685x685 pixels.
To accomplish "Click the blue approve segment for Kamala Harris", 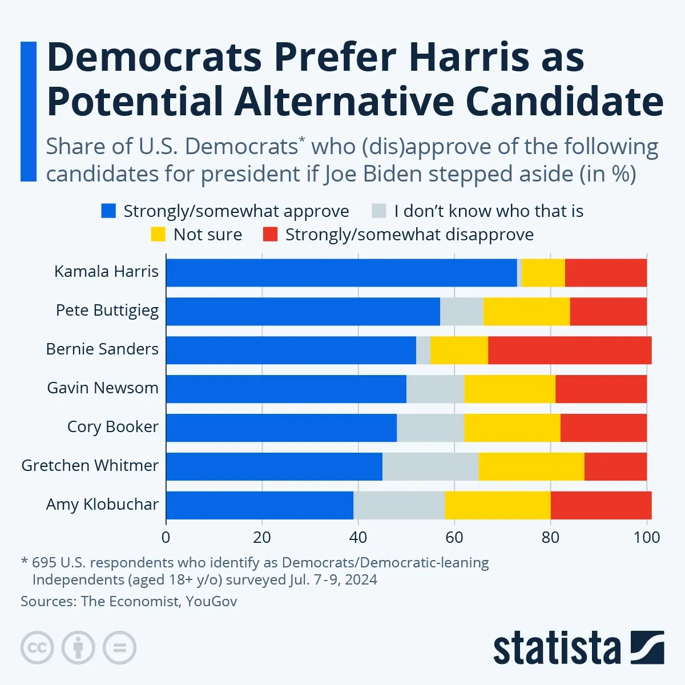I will point(341,273).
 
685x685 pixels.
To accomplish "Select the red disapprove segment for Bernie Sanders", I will point(570,350).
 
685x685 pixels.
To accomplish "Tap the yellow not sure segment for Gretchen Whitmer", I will point(531,466).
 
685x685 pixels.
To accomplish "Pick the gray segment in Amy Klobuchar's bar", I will point(399,505).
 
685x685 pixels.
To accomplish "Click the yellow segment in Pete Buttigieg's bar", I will point(526,312).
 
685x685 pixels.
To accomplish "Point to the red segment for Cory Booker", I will point(603,428).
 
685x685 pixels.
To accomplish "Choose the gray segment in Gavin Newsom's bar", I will point(435,389).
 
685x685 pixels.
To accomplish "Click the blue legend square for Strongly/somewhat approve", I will point(108,211).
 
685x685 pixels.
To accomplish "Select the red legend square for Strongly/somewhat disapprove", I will point(270,235).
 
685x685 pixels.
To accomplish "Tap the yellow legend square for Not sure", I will point(158,235).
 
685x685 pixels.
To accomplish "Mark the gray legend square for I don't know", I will point(379,211).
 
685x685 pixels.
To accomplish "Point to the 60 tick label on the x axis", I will point(454,537).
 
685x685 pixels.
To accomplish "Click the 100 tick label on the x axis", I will point(647,537).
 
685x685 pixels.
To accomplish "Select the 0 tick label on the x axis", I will point(166,537).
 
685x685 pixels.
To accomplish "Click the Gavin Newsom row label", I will point(103,388).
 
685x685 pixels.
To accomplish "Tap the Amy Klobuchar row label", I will point(102,505).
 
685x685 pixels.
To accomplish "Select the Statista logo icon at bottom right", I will point(647,647).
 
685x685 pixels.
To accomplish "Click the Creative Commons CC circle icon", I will point(37,648).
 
